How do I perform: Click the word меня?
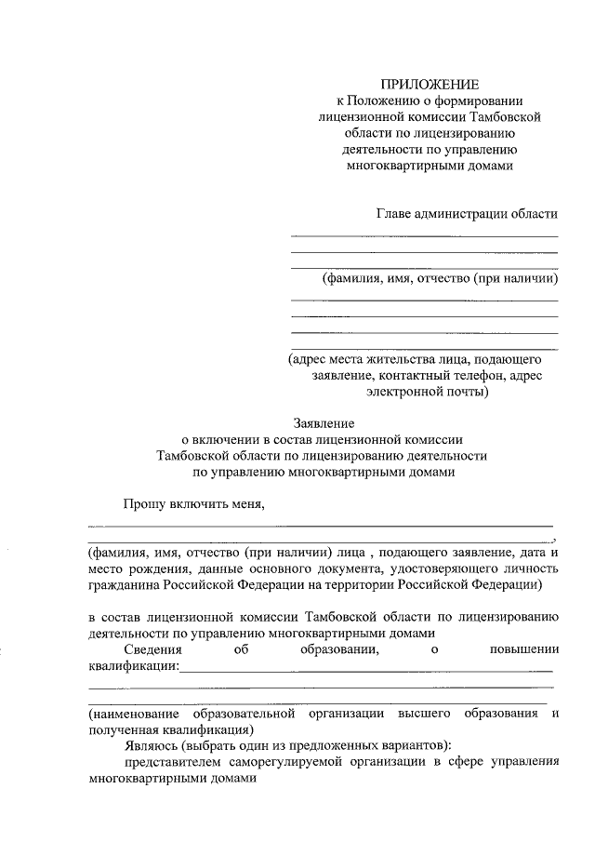pyautogui.click(x=245, y=504)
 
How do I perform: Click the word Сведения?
pyautogui.click(x=154, y=650)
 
